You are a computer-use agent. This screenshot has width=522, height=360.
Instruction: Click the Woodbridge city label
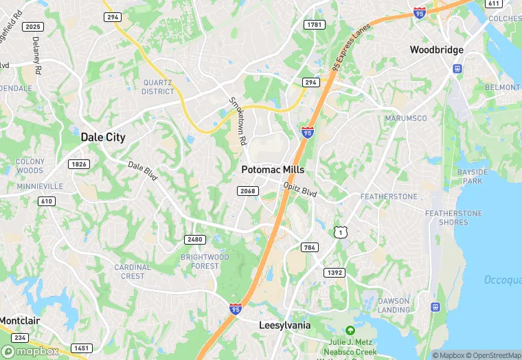pyautogui.click(x=436, y=50)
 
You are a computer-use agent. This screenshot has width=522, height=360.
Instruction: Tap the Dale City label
pyautogui.click(x=103, y=137)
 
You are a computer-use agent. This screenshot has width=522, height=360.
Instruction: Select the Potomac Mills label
pyautogui.click(x=273, y=170)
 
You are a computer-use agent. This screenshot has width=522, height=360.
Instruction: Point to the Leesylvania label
pyautogui.click(x=284, y=325)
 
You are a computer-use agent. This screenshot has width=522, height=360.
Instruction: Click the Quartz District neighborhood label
pyautogui.click(x=158, y=87)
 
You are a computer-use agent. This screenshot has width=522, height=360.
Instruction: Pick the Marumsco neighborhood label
pyautogui.click(x=405, y=118)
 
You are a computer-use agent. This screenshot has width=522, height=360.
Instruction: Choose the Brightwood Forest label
pyautogui.click(x=205, y=261)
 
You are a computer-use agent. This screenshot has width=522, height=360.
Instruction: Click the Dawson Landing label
pyautogui.click(x=394, y=305)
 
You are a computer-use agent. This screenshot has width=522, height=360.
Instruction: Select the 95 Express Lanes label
pyautogui.click(x=351, y=46)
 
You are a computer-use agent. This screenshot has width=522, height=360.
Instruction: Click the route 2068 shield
pyautogui.click(x=247, y=190)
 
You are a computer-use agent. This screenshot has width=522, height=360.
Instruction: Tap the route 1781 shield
pyautogui.click(x=314, y=25)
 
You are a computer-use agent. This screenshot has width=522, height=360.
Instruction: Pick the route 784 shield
pyautogui.click(x=310, y=247)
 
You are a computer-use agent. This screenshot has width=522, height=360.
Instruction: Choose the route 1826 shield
pyautogui.click(x=79, y=164)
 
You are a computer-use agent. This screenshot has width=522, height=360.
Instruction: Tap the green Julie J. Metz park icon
pyautogui.click(x=350, y=331)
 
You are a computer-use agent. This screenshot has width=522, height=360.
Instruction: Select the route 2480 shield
pyautogui.click(x=194, y=239)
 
